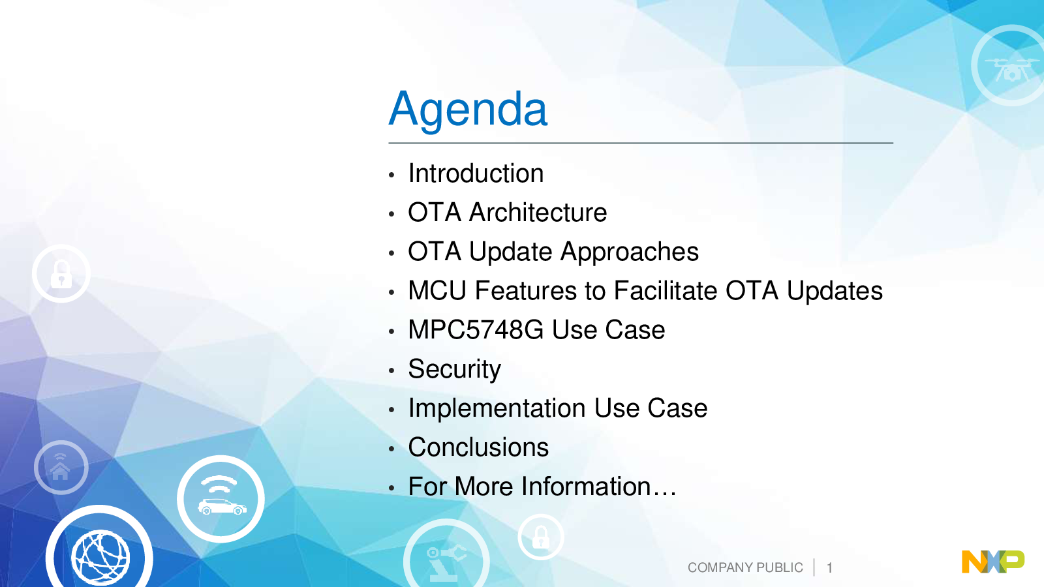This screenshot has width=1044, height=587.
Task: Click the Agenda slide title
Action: [x=468, y=110]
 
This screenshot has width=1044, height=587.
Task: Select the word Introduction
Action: [x=476, y=173]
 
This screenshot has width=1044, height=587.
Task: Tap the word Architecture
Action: [x=538, y=213]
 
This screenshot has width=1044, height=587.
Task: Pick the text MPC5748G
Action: [x=476, y=330]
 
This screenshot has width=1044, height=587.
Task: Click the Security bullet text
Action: [x=454, y=370]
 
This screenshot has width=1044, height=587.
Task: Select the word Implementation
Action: [x=497, y=409]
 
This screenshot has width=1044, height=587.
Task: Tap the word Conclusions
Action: [x=478, y=447]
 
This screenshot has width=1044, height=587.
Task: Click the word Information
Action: [x=586, y=487]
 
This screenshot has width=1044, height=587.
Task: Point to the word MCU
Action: [x=437, y=291]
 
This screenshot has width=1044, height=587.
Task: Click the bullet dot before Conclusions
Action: [x=391, y=449]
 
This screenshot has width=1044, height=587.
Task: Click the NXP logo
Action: [x=993, y=562]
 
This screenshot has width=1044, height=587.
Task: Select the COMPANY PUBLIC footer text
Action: [x=745, y=567]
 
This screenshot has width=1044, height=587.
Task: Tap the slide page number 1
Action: [x=829, y=568]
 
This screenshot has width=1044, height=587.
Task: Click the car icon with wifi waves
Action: [x=221, y=499]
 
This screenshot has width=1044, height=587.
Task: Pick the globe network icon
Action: [x=100, y=554]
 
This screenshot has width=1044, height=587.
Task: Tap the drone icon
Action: [x=1011, y=70]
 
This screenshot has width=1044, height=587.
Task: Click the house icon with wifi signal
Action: [x=61, y=467]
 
